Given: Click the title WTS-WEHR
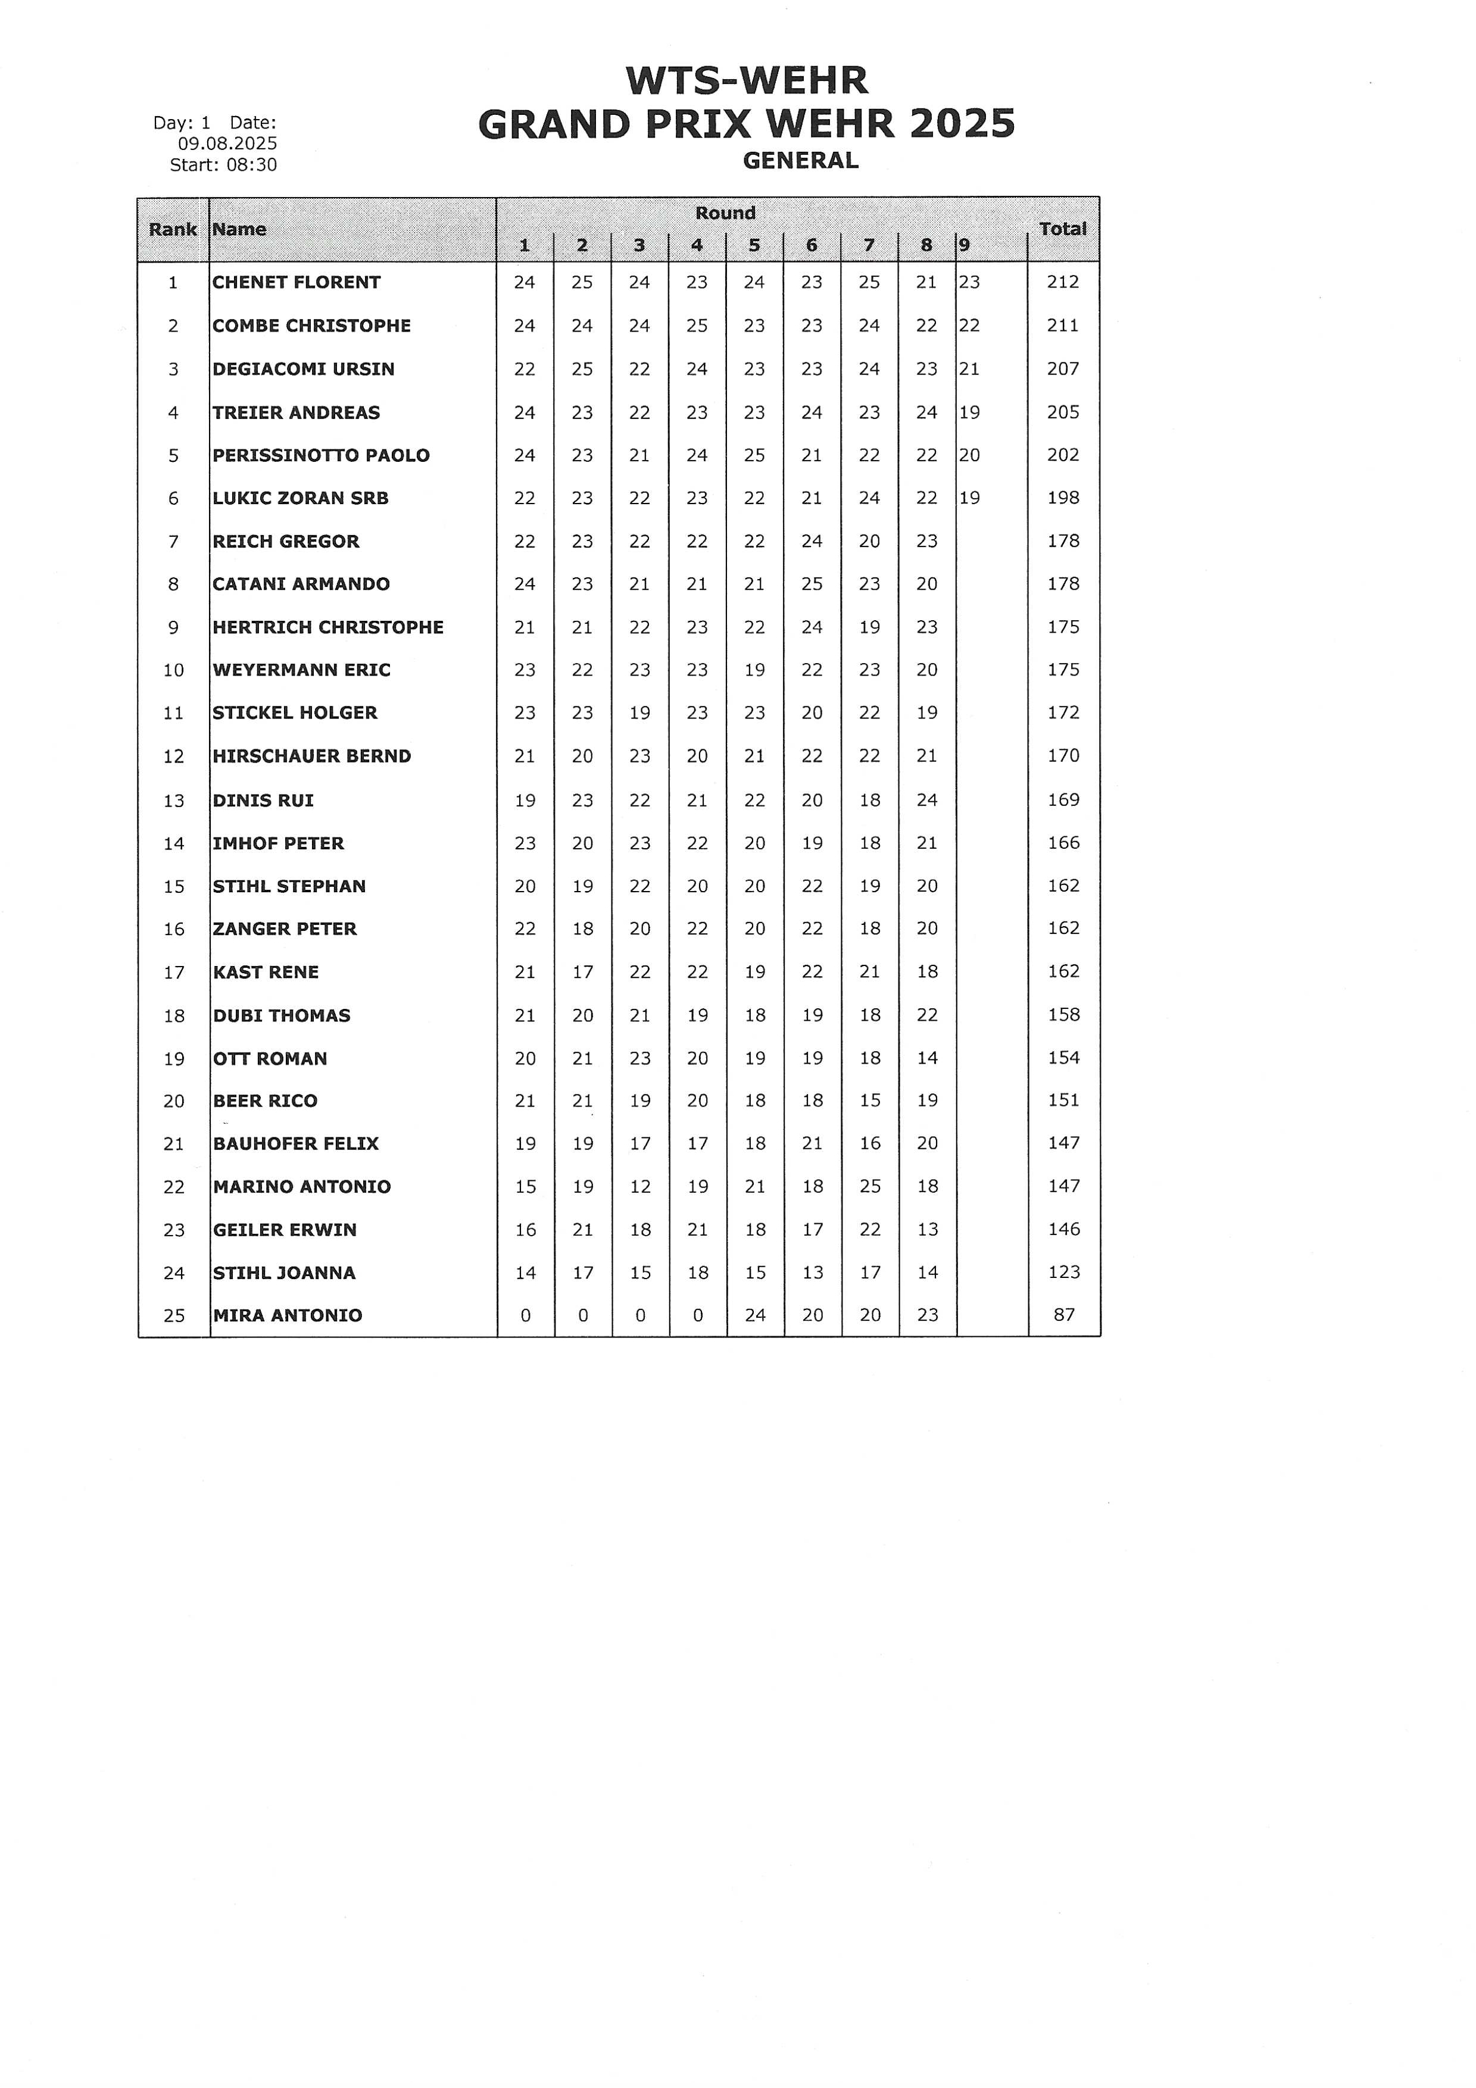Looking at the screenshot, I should point(747,81).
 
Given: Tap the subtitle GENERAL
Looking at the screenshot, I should point(800,161).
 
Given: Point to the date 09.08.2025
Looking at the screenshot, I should point(227,143).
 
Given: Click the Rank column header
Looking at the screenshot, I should point(173,229).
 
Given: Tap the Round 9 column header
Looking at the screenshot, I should point(965,245).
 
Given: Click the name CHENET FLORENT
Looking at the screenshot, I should point(297,282).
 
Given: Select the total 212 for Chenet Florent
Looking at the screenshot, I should point(1062,282).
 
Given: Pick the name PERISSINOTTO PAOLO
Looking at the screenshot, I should point(321,455).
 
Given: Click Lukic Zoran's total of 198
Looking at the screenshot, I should point(1062,498).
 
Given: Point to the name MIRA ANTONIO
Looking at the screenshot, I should point(288,1315).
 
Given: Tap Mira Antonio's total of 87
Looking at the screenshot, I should point(1063,1315).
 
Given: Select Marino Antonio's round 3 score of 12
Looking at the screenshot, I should point(640,1187).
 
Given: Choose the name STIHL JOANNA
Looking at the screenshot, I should point(284,1272).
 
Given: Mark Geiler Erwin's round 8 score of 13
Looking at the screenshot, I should point(926,1230).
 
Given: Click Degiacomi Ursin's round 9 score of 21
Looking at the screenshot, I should point(969,368).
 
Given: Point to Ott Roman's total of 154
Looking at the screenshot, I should point(1063,1058).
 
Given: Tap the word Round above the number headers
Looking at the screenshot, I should point(725,213).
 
